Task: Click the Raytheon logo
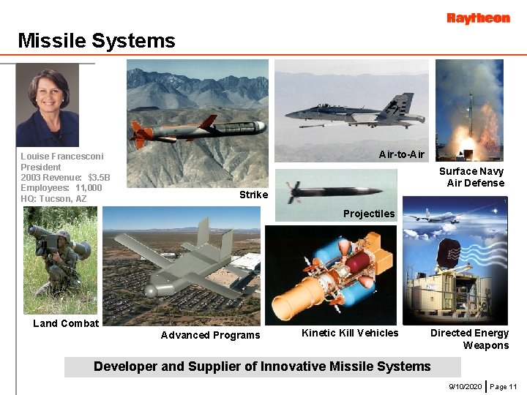[478, 18]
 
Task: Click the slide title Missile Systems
[97, 41]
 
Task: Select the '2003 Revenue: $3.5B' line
[65, 178]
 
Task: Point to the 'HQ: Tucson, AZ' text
[53, 199]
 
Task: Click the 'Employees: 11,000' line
[61, 188]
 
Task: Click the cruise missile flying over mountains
[198, 129]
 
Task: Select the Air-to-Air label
[401, 154]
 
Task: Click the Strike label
[253, 195]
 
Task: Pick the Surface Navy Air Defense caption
[471, 177]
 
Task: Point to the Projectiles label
[369, 214]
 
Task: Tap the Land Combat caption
[66, 323]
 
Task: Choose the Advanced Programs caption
[210, 335]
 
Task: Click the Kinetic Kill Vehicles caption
[350, 333]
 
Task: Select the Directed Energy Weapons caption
[469, 339]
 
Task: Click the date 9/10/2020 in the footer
[465, 385]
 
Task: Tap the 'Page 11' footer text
[504, 385]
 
